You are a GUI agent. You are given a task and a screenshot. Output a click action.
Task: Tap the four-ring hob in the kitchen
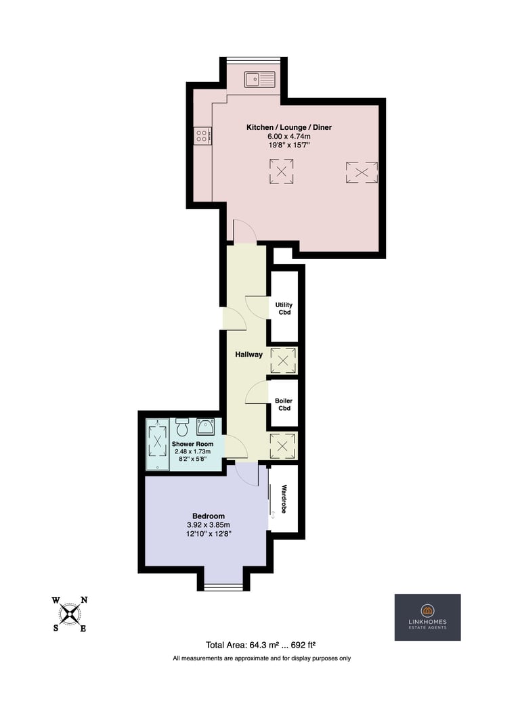click(x=203, y=135)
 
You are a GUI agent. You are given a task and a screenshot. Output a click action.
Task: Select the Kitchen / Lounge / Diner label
click(x=289, y=127)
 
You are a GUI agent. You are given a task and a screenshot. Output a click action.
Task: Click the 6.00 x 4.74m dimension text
click(x=289, y=136)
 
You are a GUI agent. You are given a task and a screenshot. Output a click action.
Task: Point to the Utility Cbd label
click(x=284, y=309)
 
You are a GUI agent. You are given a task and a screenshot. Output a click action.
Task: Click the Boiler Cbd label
click(x=284, y=404)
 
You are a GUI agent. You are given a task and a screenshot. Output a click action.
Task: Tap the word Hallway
click(x=248, y=355)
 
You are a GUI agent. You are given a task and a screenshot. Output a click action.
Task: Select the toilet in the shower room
click(x=182, y=427)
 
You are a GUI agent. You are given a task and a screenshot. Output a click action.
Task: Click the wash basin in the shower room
click(x=204, y=426)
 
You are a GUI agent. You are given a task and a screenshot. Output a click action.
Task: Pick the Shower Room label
click(x=192, y=444)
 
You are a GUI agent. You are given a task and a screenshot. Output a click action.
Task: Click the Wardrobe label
click(x=284, y=499)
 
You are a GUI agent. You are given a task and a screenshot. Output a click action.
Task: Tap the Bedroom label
click(x=209, y=516)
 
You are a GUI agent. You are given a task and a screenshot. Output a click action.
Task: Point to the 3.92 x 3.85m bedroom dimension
click(x=209, y=525)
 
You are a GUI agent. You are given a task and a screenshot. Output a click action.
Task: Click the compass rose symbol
click(x=70, y=614)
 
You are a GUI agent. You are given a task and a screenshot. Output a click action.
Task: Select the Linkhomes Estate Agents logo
click(x=427, y=617)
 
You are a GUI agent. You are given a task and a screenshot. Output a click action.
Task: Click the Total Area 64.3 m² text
click(x=261, y=645)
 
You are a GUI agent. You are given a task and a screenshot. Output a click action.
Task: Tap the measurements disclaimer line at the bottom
click(x=261, y=658)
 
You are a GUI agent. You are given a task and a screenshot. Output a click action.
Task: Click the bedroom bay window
click(x=223, y=587)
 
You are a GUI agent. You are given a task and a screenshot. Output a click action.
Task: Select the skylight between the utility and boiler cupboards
click(x=283, y=361)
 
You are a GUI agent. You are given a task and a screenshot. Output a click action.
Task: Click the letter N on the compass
click(x=84, y=600)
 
